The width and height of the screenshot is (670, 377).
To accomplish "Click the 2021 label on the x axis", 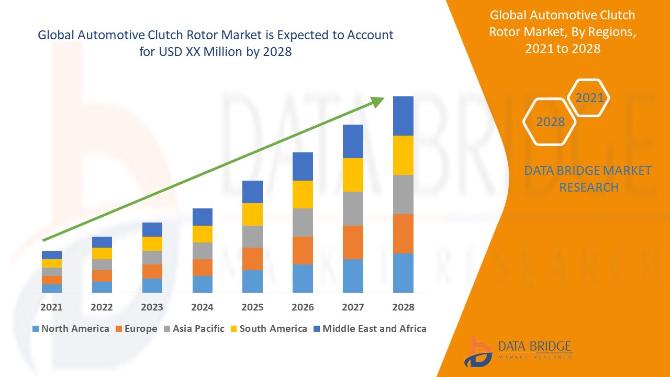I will coord(51,307).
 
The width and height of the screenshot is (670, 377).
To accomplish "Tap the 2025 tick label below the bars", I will coord(252,307).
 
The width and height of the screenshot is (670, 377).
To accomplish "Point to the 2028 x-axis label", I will coord(403,307).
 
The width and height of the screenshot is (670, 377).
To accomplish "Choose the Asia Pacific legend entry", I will coord(198,329).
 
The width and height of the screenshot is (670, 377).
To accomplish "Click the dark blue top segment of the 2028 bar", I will coord(403,116).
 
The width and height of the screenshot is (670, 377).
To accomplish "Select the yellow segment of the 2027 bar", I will coord(353,175).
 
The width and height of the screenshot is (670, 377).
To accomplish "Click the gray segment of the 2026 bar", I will coord(303,223).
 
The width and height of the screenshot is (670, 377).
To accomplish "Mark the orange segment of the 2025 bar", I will coord(252,259).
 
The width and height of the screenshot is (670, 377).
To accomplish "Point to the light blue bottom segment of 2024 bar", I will coord(202,284).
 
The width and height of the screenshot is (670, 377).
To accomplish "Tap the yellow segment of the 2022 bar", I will coord(102,253).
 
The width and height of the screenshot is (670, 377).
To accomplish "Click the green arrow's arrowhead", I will coord(378,101).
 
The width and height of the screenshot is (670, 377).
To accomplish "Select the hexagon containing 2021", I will coord(589,98).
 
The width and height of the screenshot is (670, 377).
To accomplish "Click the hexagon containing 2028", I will coord(550,121).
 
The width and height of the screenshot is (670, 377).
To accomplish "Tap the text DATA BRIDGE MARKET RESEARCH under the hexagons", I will coord(588,179).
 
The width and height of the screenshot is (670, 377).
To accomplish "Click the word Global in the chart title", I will coord(56,35).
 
